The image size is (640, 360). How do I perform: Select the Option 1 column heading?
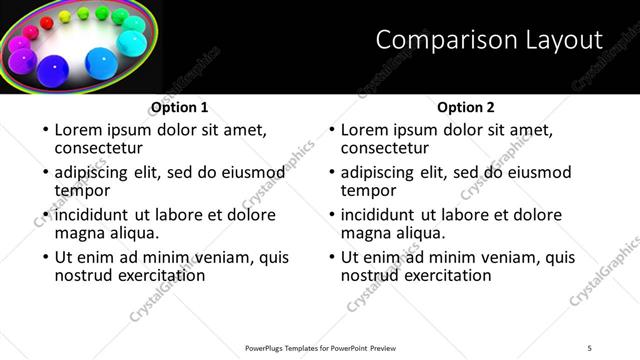click(x=179, y=107)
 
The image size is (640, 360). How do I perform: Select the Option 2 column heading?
click(x=465, y=107)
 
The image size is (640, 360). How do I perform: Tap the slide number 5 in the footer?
click(x=590, y=347)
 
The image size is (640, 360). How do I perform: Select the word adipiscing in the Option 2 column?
click(x=381, y=172)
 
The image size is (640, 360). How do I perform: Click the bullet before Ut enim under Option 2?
click(x=332, y=258)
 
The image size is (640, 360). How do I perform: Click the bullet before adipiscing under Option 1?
click(x=46, y=173)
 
